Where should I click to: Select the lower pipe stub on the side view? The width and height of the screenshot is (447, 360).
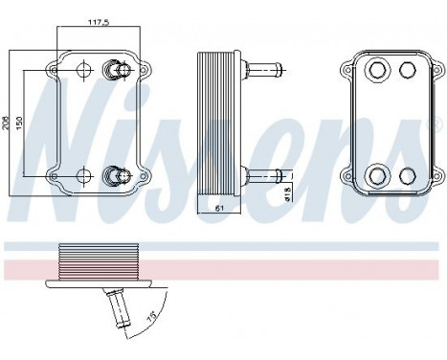(x=264, y=174)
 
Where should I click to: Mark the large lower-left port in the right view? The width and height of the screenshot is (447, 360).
(x=376, y=175)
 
